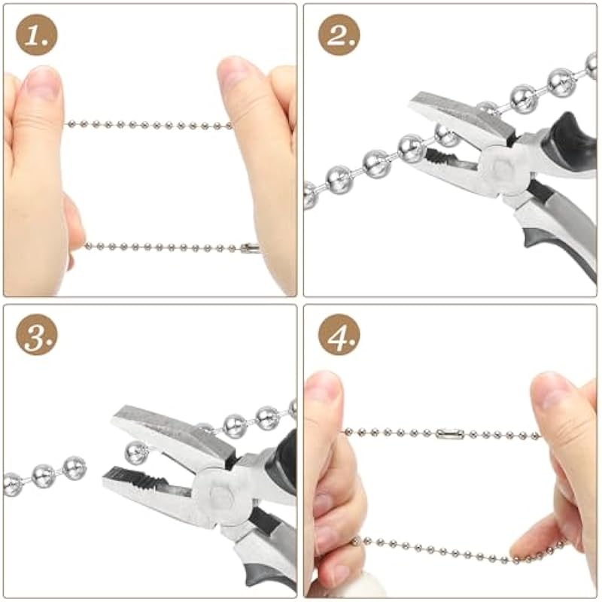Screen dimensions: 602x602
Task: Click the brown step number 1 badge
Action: (37, 35)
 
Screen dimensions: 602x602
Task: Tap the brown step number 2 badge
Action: (339, 35)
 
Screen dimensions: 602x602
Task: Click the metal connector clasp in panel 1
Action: (250, 248)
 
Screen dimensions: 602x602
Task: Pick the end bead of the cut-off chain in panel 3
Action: (74, 467)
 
